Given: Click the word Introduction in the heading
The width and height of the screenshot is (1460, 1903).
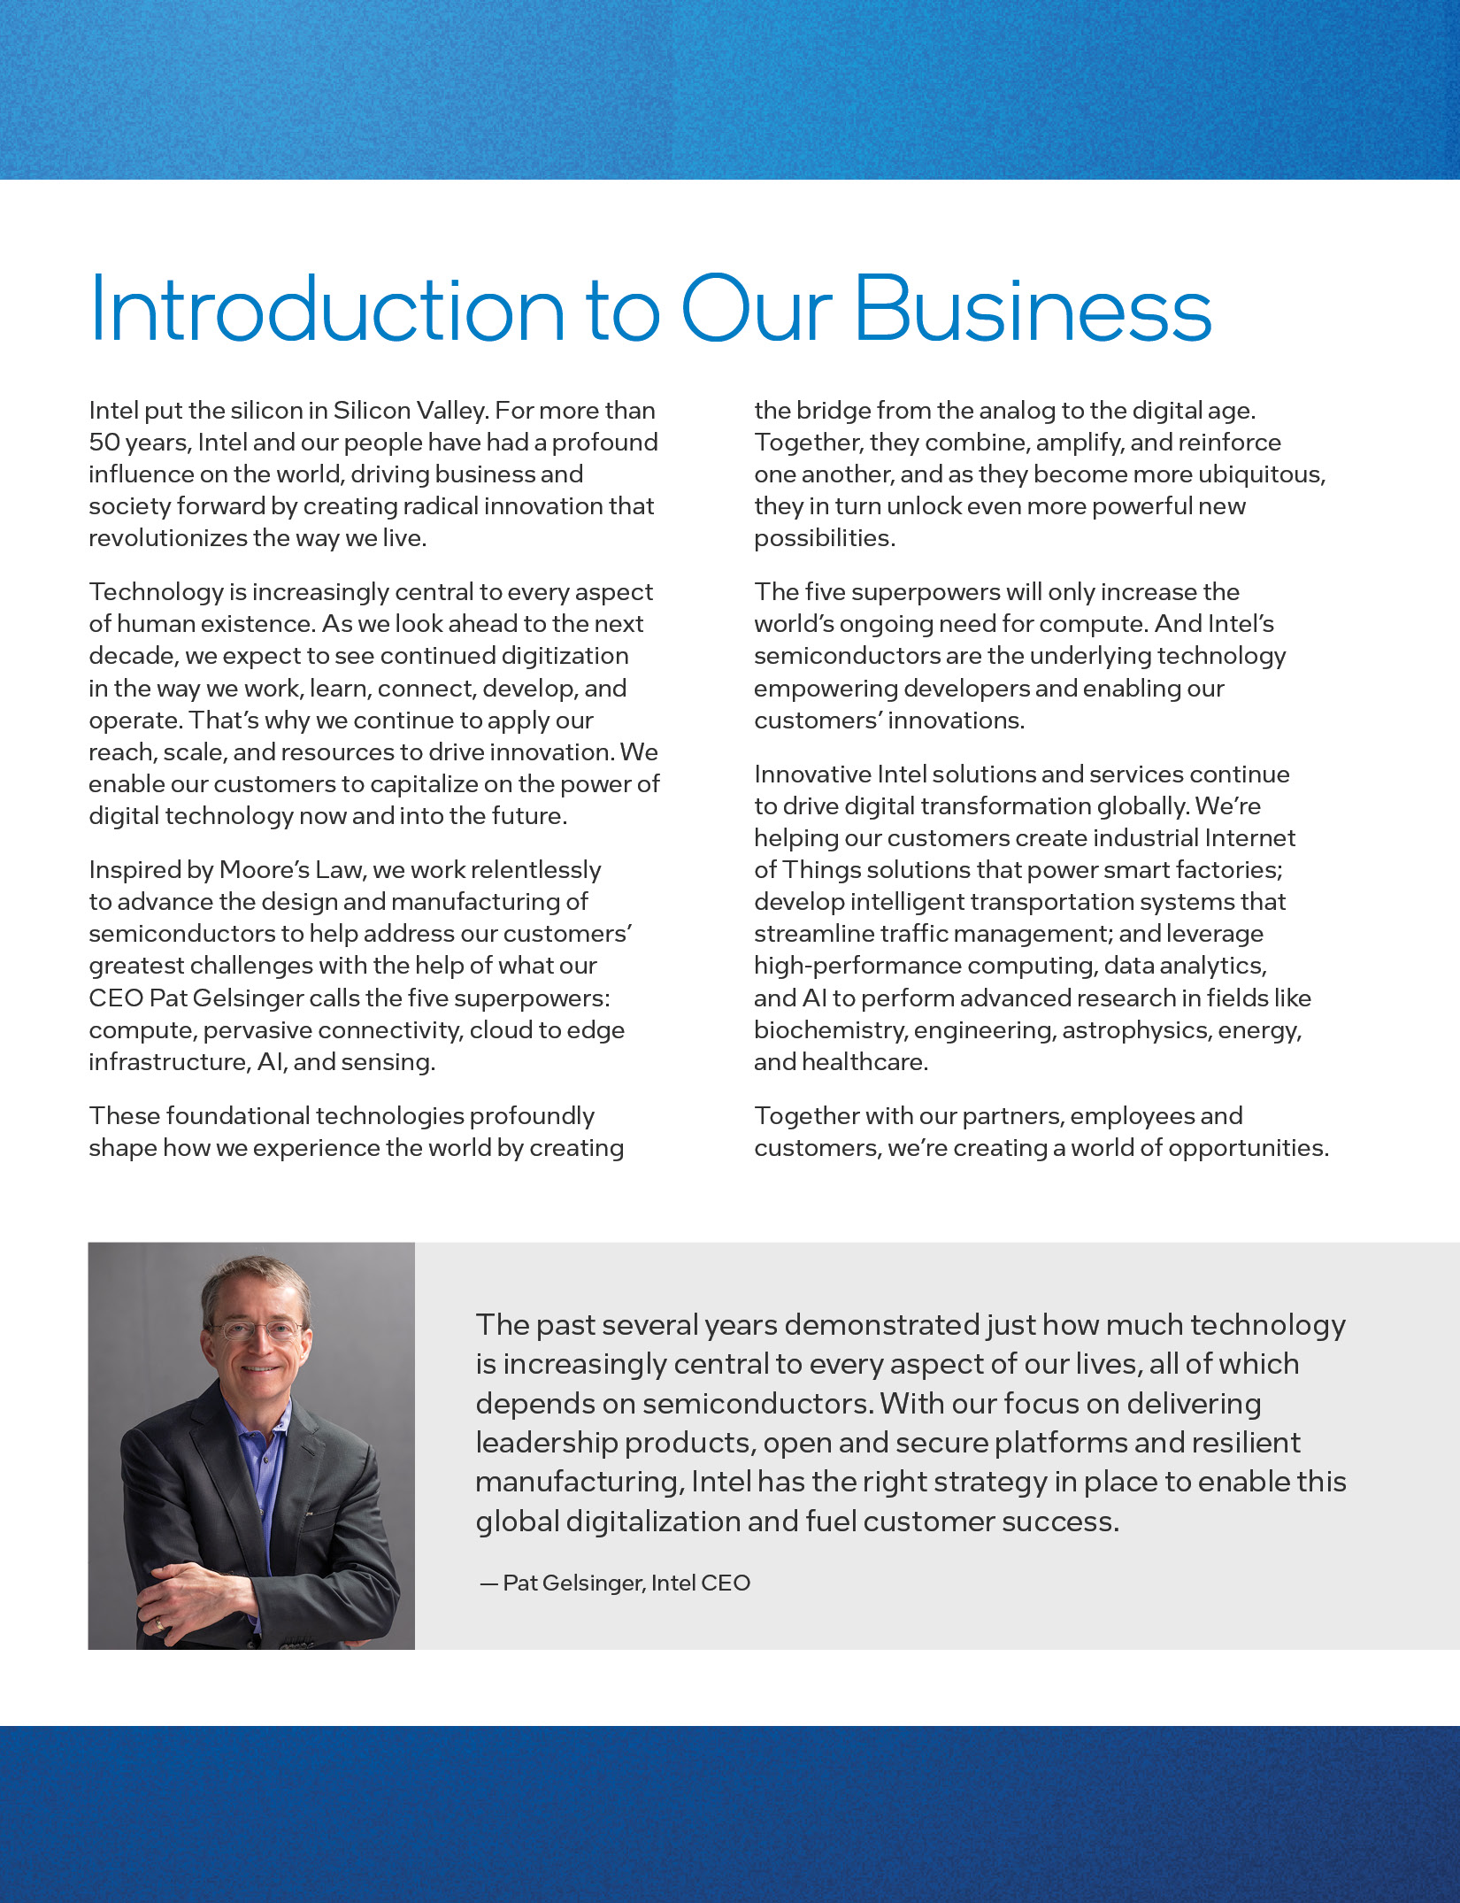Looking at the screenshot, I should click(x=327, y=309).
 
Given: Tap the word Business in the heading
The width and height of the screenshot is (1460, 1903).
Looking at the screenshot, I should click(x=1033, y=309).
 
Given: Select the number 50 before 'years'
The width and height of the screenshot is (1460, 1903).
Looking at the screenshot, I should click(x=104, y=443).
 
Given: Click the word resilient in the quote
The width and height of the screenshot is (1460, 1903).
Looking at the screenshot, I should click(x=1246, y=1443).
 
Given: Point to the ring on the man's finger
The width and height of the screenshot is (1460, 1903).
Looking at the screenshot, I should click(x=160, y=1624).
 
